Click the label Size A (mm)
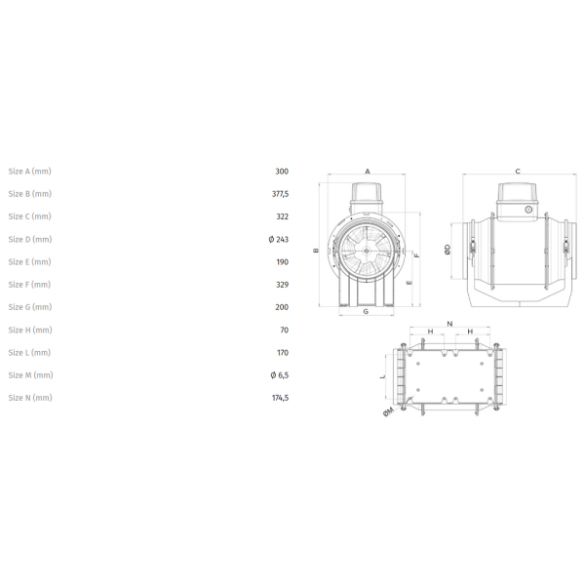click(x=30, y=172)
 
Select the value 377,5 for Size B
click(x=280, y=194)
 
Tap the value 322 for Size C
click(x=283, y=216)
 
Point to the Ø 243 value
click(x=279, y=239)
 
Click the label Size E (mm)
click(x=30, y=262)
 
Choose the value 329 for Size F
click(x=283, y=285)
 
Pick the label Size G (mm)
click(x=30, y=307)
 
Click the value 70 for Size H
click(x=285, y=331)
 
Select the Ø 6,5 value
click(x=280, y=375)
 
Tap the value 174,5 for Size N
click(x=280, y=398)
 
